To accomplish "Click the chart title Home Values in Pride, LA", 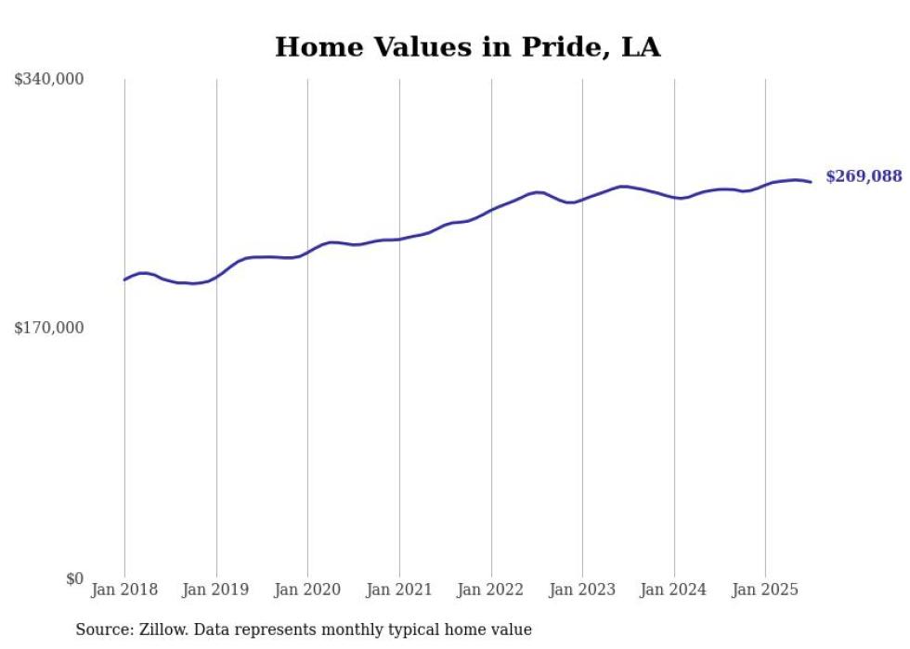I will [467, 47].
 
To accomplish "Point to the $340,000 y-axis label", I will [49, 80].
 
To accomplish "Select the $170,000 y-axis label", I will [49, 328].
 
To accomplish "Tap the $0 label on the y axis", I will [74, 579].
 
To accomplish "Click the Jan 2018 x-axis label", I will [124, 590].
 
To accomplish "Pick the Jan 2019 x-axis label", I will [216, 590].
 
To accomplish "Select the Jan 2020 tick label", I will [307, 590].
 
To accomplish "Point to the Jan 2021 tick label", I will [399, 590].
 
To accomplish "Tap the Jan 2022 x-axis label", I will [491, 590].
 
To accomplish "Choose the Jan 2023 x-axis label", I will [582, 590].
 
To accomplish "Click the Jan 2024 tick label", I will [674, 590].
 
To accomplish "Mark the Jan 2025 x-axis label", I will [765, 590].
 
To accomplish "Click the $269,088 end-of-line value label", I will [864, 176].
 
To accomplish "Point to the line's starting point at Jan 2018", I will [124, 279].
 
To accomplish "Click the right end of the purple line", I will [811, 182].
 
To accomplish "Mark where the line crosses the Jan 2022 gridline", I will [491, 210].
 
